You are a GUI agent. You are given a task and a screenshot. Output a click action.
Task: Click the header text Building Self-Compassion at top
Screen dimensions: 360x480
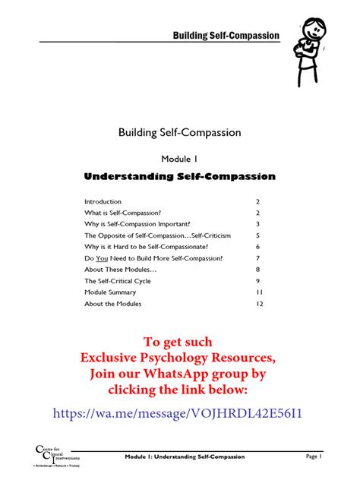(x=226, y=36)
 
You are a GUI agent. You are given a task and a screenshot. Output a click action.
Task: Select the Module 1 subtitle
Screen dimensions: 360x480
(x=179, y=159)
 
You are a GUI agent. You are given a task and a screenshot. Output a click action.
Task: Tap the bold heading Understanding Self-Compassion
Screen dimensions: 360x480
(x=179, y=177)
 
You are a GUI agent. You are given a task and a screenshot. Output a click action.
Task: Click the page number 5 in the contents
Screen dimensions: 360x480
(x=258, y=235)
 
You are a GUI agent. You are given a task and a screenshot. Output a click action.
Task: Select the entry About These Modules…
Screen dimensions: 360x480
(x=121, y=270)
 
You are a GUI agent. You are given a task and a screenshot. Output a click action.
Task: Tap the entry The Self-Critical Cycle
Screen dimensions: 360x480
(x=117, y=281)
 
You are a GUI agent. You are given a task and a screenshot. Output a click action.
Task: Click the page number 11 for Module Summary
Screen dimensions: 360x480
(x=258, y=292)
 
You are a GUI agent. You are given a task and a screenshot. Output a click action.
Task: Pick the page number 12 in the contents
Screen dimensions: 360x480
(x=258, y=304)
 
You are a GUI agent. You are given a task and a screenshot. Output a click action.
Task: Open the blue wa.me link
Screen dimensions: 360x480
(x=179, y=413)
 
